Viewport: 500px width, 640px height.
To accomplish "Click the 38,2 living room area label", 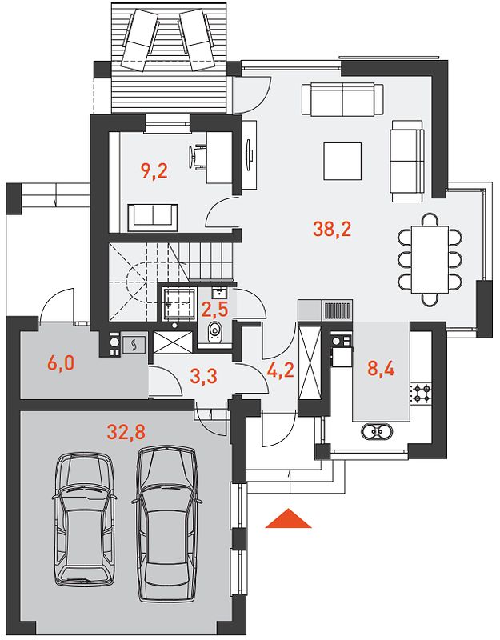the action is (332, 230).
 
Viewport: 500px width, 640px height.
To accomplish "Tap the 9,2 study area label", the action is (154, 170).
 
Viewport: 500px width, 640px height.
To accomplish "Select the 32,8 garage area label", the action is (126, 432).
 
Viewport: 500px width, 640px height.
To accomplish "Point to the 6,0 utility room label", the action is (61, 363).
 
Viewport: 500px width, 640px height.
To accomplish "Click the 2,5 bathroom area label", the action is (214, 310).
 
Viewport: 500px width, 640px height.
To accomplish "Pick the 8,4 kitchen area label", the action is (381, 369).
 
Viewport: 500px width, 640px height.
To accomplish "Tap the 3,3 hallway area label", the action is (204, 377).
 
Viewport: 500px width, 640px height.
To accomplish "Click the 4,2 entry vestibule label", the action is (280, 370).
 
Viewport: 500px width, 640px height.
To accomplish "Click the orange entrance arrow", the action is (288, 518).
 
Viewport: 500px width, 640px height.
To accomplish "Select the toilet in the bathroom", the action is (214, 332).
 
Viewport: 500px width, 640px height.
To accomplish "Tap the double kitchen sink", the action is (376, 431).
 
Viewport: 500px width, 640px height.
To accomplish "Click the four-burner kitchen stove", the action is (422, 393).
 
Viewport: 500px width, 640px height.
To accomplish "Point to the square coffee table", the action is (342, 161).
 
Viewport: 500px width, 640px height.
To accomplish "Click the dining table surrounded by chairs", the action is (430, 259).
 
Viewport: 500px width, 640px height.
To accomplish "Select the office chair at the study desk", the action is (197, 155).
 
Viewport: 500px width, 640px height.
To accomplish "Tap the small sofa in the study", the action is (153, 218).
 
